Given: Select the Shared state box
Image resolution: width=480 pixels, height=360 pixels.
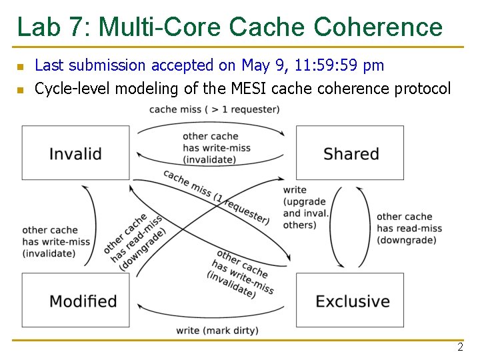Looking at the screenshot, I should point(350,153).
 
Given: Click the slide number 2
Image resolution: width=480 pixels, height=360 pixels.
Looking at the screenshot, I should point(460,347).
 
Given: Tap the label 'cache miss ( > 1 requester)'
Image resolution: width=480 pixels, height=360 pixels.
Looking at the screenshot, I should point(214,109).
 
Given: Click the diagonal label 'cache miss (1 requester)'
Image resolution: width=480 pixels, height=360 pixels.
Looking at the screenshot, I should point(216,197).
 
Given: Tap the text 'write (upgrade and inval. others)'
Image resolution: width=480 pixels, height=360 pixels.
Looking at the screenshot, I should point(305,207).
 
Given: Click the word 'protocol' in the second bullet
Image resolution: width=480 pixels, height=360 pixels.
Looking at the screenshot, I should point(423,89).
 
